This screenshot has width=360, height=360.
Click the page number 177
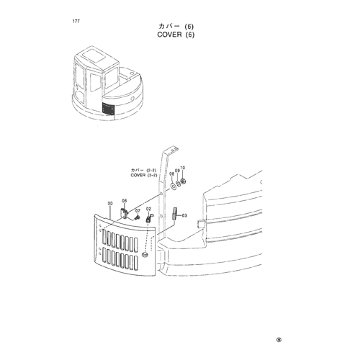pos(76,22)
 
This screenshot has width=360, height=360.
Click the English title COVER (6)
pos(176,35)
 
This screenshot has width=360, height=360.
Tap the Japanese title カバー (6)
pos(176,26)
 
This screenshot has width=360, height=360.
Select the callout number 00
pos(110,204)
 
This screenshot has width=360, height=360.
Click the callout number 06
pos(125,201)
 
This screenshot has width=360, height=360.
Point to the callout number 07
pos(138,211)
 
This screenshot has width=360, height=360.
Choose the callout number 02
pos(148,209)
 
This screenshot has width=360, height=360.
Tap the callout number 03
pos(184,215)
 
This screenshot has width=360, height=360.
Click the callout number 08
pos(171,174)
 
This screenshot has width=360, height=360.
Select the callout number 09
pos(177,171)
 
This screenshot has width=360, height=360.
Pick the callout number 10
pos(182,168)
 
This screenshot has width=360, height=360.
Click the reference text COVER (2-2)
pos(144,175)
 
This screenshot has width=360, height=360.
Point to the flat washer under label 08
pos(173,186)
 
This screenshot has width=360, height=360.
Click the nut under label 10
pos(184,181)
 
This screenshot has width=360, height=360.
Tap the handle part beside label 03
pos(174,214)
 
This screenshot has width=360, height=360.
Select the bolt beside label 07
pos(137,217)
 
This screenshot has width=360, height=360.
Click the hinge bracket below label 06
pos(124,213)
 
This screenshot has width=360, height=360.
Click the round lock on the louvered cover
pos(145,255)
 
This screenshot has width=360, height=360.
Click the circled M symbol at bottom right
pos(279,340)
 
